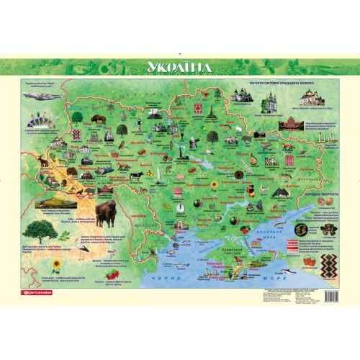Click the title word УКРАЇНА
179,67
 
